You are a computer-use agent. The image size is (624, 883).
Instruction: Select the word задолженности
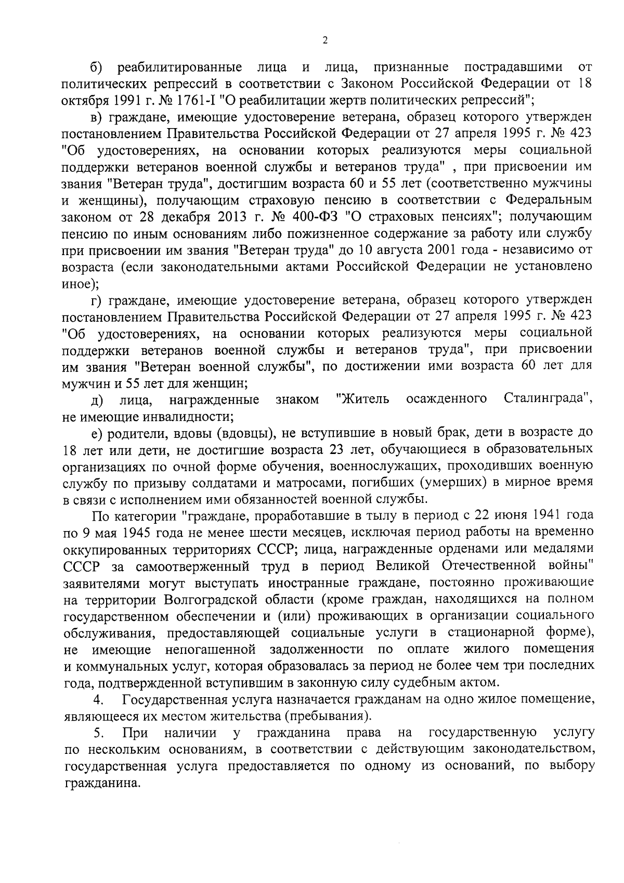click(x=316, y=649)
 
